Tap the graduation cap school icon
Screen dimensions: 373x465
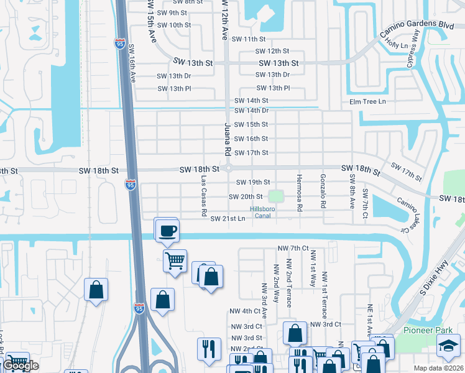coord(448,346)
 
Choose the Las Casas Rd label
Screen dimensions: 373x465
coord(204,195)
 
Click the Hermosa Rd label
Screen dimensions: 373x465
coord(299,191)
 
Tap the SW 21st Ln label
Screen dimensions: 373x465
coord(228,219)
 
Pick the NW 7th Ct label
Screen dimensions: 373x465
coord(293,248)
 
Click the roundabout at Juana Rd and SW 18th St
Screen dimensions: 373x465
coord(228,168)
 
